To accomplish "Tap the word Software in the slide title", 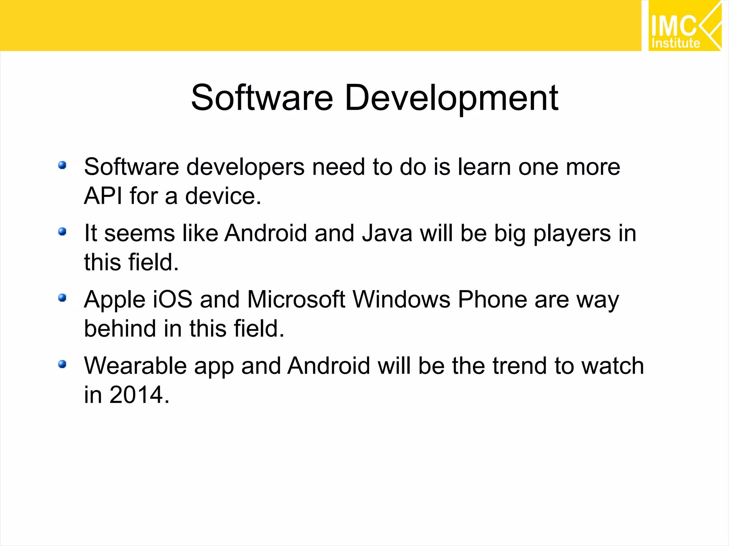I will pos(262,98).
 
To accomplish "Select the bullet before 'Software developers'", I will pos(62,165).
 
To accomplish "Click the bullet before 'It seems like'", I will pos(62,232).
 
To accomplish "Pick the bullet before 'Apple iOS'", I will pos(62,298).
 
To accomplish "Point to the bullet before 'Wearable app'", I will pos(62,364).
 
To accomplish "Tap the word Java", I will pos(387,234).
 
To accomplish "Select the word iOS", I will pos(173,299).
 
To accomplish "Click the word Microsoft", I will pos(296,299).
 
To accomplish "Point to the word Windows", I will pos(402,299).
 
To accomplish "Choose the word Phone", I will pos(492,299).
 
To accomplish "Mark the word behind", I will pos(120,328).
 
